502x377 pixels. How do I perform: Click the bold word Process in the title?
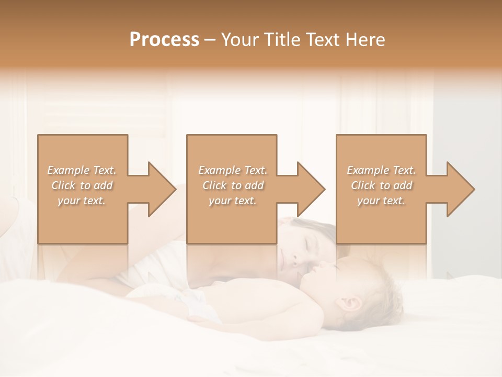164,40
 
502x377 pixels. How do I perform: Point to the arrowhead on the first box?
162,189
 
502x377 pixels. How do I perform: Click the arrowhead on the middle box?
311,189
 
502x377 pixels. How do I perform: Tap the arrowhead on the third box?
461,189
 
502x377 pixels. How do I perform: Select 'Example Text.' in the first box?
82,170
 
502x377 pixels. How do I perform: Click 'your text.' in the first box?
82,201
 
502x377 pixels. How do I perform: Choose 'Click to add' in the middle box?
233,185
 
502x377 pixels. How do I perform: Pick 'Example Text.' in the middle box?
233,170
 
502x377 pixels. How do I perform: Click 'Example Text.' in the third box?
381,170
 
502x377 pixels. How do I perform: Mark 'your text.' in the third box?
381,201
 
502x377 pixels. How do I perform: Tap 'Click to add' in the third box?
381,185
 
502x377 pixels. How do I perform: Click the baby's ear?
351,304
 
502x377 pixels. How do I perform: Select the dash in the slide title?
210,40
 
